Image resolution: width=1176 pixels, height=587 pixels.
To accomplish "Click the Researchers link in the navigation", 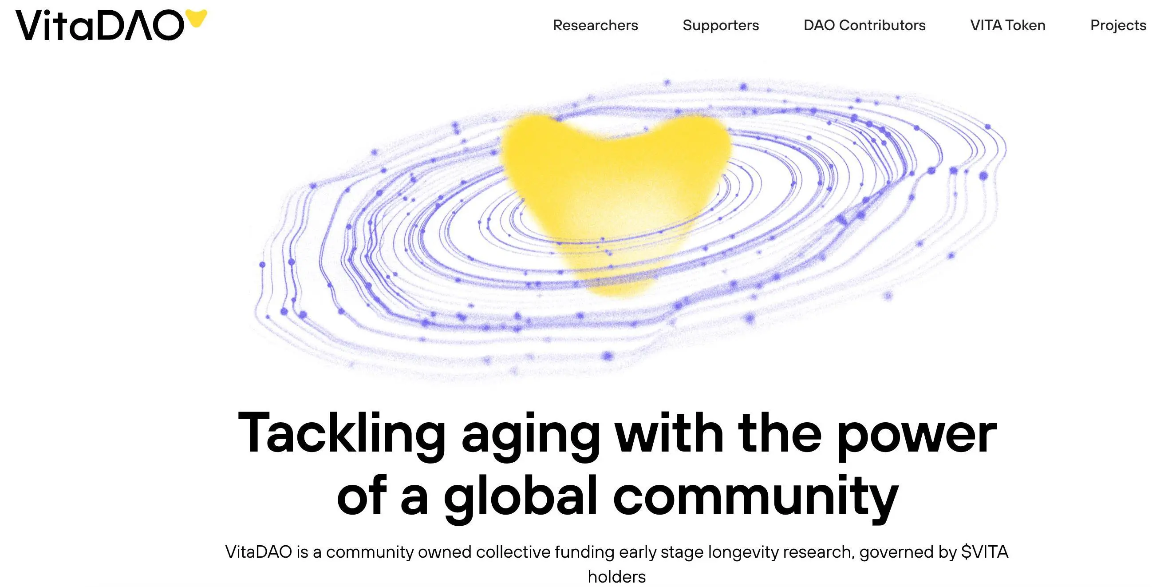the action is [595, 25].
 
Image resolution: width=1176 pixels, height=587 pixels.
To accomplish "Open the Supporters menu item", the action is [721, 25].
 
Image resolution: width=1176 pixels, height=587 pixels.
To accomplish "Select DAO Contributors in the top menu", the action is [864, 25].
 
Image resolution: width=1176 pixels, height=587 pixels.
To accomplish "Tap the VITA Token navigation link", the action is [1008, 25].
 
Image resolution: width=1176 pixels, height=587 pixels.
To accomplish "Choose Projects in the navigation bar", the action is [1118, 25].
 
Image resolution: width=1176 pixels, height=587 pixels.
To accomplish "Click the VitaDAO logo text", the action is [99, 25].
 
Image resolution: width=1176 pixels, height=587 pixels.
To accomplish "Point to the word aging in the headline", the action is [531, 436].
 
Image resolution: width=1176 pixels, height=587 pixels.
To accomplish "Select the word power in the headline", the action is [917, 436].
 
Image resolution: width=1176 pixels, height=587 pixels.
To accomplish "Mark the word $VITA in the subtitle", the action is [985, 552].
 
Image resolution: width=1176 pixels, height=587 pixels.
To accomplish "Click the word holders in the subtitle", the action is [617, 576].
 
